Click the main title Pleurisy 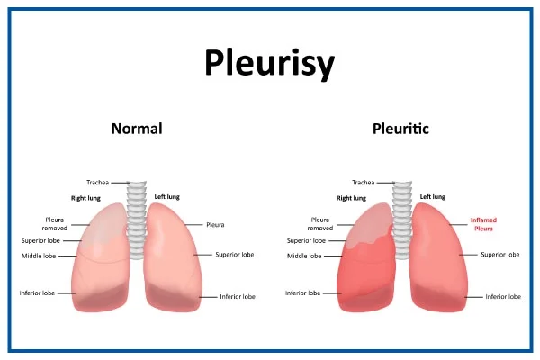[x=270, y=63]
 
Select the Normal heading [x=137, y=129]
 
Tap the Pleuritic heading [x=400, y=129]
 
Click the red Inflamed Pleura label [x=483, y=224]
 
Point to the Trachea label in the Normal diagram [x=98, y=183]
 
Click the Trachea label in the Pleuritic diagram [x=364, y=183]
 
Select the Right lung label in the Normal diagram [x=85, y=198]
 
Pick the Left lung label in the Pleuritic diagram [x=433, y=197]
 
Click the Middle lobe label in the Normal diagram [x=39, y=256]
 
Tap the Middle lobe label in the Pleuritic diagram [x=304, y=256]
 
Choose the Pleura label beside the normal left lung [x=215, y=225]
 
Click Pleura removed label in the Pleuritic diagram [x=320, y=224]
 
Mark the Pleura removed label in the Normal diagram [x=55, y=224]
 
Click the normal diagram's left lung [x=172, y=257]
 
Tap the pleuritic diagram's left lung [x=438, y=257]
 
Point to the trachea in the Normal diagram [x=137, y=220]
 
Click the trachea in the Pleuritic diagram [x=402, y=220]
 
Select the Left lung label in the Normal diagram [x=167, y=197]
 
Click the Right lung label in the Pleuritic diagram [x=351, y=198]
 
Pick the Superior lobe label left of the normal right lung [x=40, y=241]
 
